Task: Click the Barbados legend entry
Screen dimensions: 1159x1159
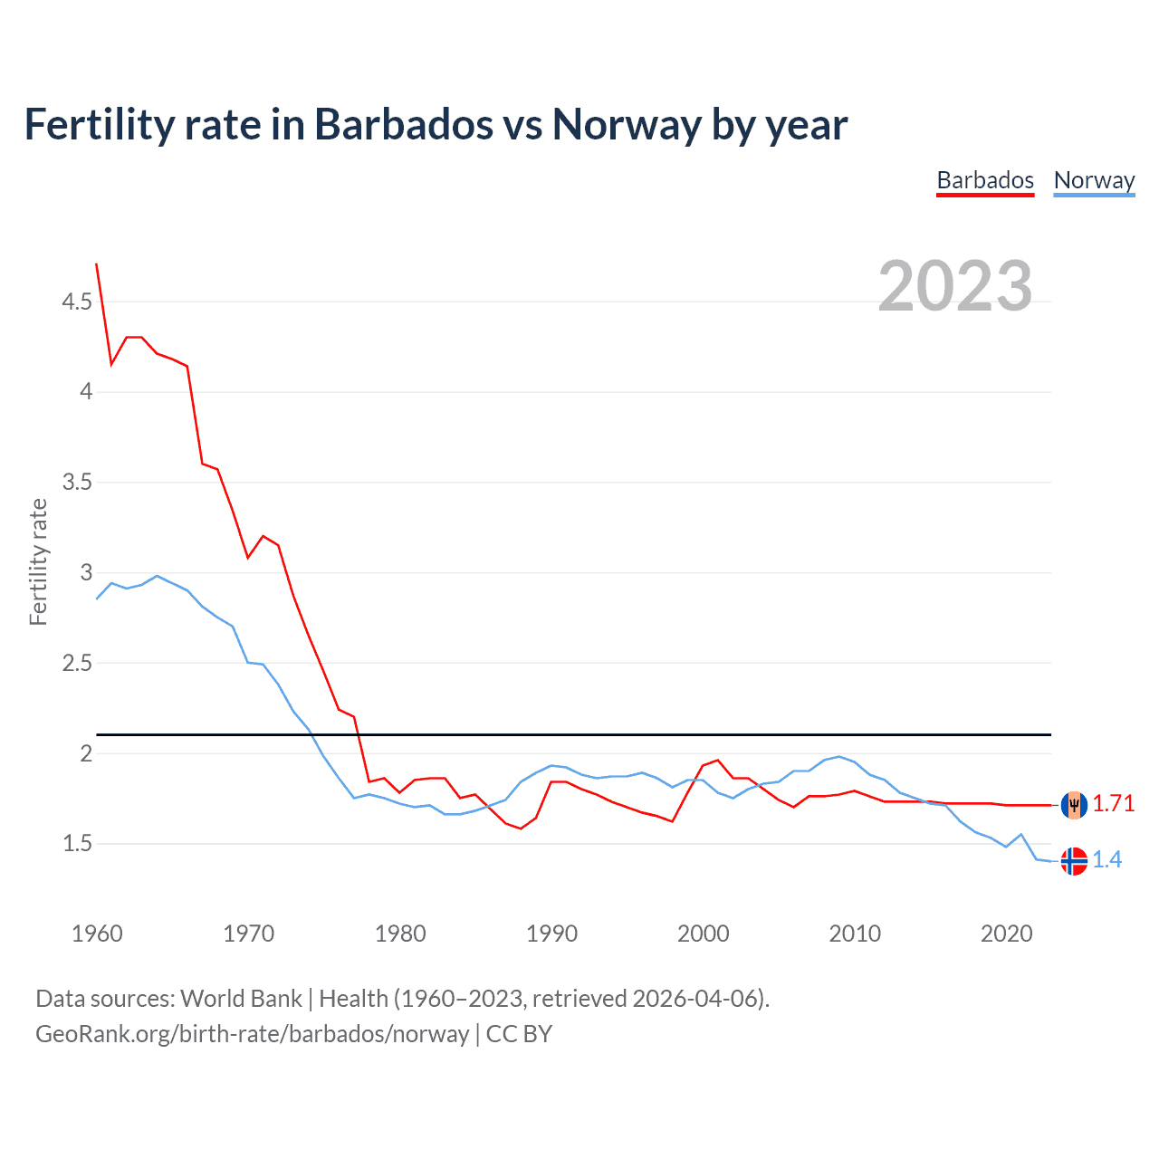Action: coord(985,180)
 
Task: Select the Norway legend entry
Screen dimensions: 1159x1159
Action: coord(1094,180)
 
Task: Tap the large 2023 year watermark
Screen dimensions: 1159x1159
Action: coord(955,286)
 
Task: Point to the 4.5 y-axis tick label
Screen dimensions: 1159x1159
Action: coord(77,302)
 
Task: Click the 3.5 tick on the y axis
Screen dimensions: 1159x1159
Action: coord(77,483)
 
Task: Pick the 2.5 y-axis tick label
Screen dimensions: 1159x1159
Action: coord(77,664)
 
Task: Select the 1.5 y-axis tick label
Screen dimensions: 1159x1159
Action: coord(77,844)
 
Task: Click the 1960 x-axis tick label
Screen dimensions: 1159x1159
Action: coord(97,934)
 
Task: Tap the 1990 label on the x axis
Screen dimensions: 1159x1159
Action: coord(551,934)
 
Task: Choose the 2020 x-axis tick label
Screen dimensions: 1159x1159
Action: coord(1006,934)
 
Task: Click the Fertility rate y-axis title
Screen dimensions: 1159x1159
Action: coord(38,561)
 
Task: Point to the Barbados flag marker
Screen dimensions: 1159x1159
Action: coord(1074,804)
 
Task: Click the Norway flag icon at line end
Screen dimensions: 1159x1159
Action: coord(1074,861)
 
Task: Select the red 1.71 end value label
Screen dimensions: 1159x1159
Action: coord(1113,804)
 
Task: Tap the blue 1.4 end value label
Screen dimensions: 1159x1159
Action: coord(1106,860)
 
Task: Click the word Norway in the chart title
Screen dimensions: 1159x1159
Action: coord(627,124)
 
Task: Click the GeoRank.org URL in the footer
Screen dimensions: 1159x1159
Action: coord(252,1034)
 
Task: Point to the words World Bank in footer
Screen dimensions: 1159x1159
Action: coord(241,999)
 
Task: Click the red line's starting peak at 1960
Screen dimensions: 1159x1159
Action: coord(97,264)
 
